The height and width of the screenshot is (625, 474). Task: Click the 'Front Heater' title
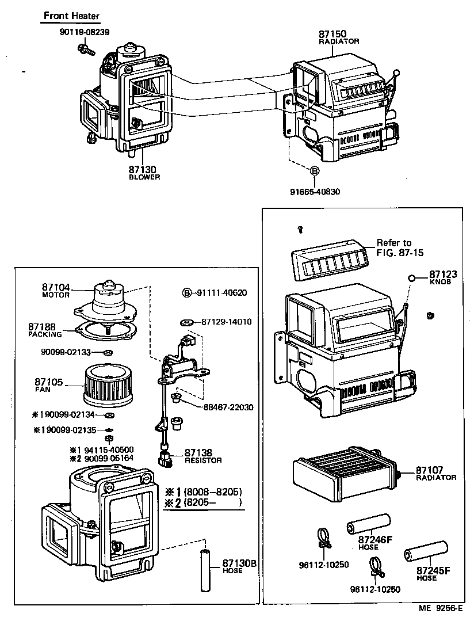tap(71, 16)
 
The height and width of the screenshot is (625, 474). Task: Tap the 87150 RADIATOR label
tap(339, 37)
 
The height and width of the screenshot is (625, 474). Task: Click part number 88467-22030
tap(228, 407)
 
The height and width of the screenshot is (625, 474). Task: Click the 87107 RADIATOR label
tap(437, 473)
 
